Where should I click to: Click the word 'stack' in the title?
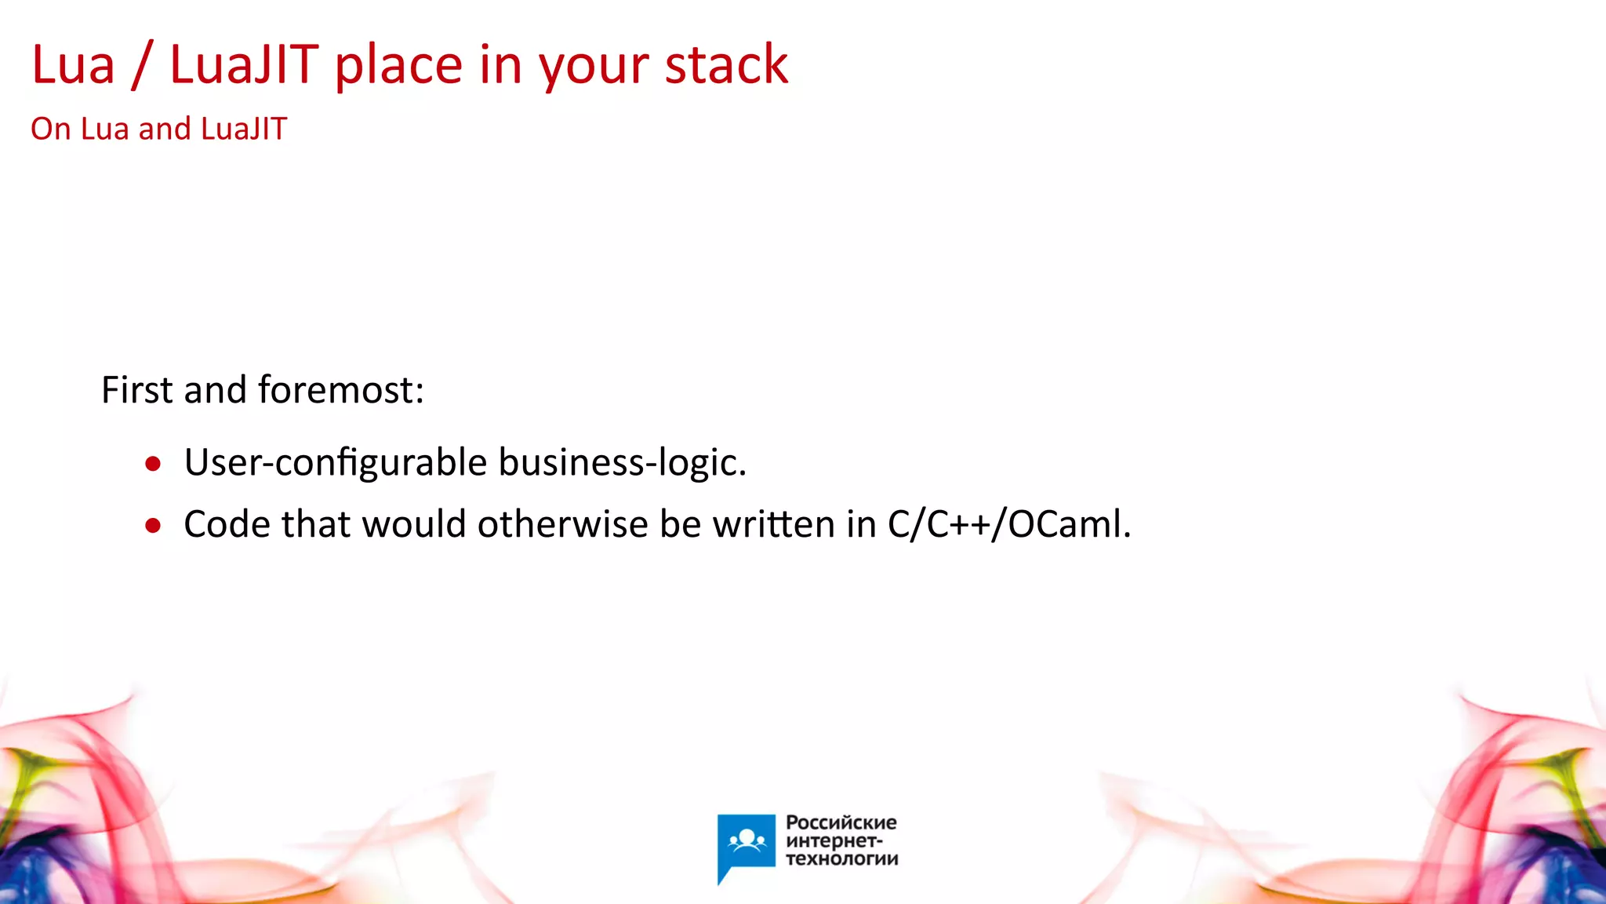726,65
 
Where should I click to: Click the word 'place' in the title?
398,67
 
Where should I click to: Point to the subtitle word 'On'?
50,129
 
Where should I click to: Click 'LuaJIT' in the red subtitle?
244,129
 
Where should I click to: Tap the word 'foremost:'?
340,390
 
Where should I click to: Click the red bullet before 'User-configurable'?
153,464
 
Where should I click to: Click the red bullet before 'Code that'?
153,526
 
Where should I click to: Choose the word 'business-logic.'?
622,462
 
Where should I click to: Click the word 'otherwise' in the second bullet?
562,524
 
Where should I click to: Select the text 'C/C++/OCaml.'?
1009,524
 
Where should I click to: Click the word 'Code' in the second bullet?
227,524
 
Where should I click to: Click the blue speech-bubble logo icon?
746,844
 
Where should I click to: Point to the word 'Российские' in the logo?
841,822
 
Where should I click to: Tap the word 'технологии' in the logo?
841,859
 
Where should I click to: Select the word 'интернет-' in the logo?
834,841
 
